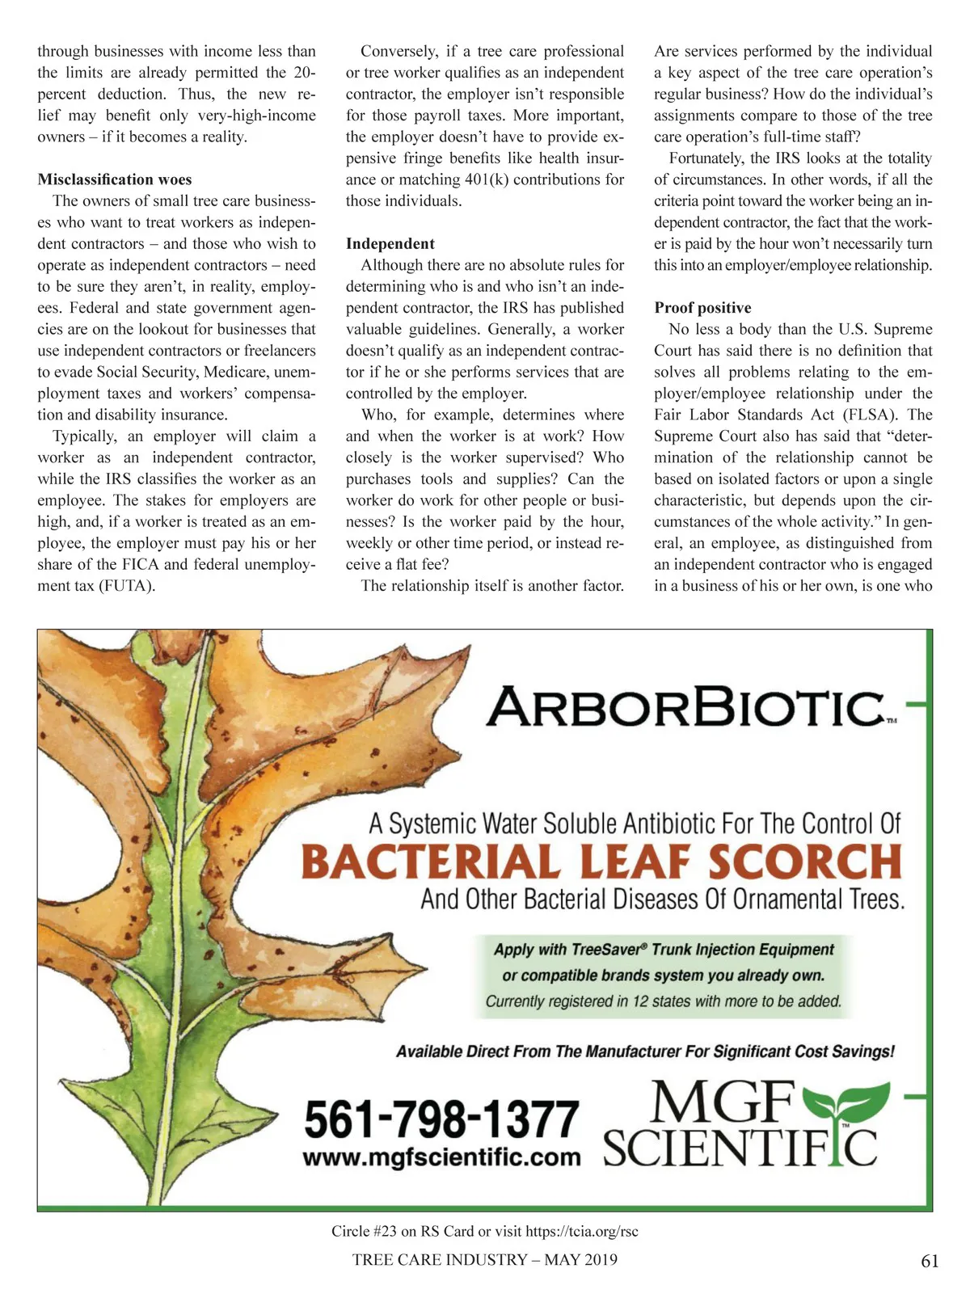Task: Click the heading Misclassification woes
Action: coord(114,179)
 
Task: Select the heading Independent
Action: coord(390,243)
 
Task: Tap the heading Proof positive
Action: coord(702,308)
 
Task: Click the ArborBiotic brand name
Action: coord(685,707)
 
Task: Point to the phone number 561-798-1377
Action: coord(441,1119)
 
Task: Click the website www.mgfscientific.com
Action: coord(441,1157)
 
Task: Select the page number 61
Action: coord(930,1261)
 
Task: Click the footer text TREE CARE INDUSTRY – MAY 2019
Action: coord(484,1259)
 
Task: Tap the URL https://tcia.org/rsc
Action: coord(581,1232)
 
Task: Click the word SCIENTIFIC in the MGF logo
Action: coord(740,1148)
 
